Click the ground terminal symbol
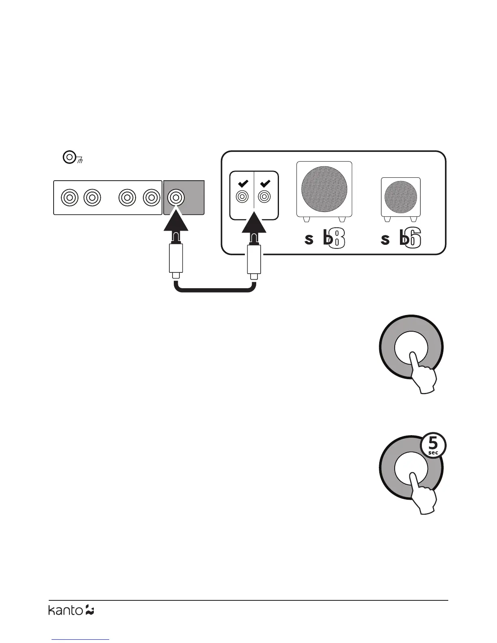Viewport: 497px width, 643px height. point(70,157)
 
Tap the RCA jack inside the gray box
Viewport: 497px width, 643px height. point(176,198)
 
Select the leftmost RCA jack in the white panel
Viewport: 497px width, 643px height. point(69,198)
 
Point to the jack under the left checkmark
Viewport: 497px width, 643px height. point(242,197)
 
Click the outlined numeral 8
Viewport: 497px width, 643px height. point(337,239)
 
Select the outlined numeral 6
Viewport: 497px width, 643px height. point(413,239)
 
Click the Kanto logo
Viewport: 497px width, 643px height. point(71,610)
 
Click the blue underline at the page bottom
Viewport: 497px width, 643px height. point(81,640)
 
